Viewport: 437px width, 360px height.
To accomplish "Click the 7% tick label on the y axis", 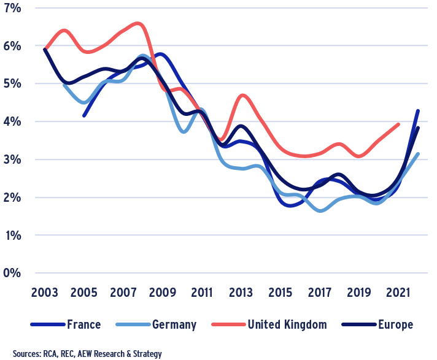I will pyautogui.click(x=12, y=8).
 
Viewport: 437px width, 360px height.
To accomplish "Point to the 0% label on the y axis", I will pyautogui.click(x=12, y=273).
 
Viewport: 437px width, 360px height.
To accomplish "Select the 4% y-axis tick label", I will pyautogui.click(x=12, y=121).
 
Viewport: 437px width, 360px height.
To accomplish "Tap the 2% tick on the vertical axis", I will pyautogui.click(x=12, y=197).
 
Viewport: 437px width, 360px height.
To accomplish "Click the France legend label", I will pyautogui.click(x=83, y=324).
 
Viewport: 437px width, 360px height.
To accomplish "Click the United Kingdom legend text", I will pyautogui.click(x=286, y=324).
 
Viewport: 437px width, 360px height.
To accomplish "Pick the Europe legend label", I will pyautogui.click(x=395, y=324).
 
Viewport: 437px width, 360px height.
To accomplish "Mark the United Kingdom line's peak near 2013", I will pyautogui.click(x=244, y=95).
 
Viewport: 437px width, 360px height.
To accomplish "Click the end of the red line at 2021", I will pyautogui.click(x=399, y=124).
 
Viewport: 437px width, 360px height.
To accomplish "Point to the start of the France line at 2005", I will pyautogui.click(x=84, y=115).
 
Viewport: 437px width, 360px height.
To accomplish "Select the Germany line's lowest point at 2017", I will pyautogui.click(x=320, y=211).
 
